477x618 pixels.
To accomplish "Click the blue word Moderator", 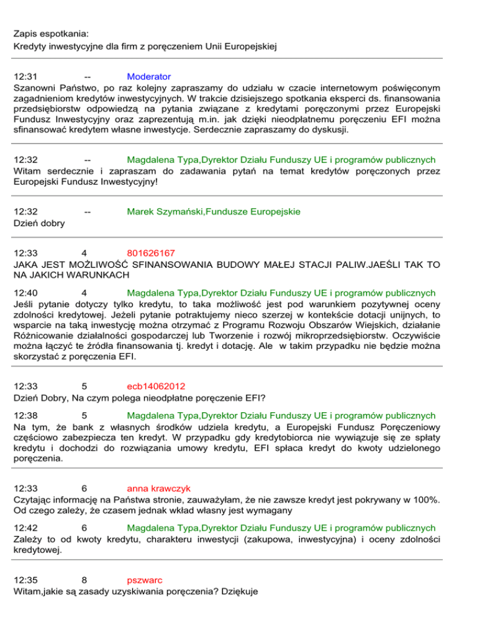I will [148, 77].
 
